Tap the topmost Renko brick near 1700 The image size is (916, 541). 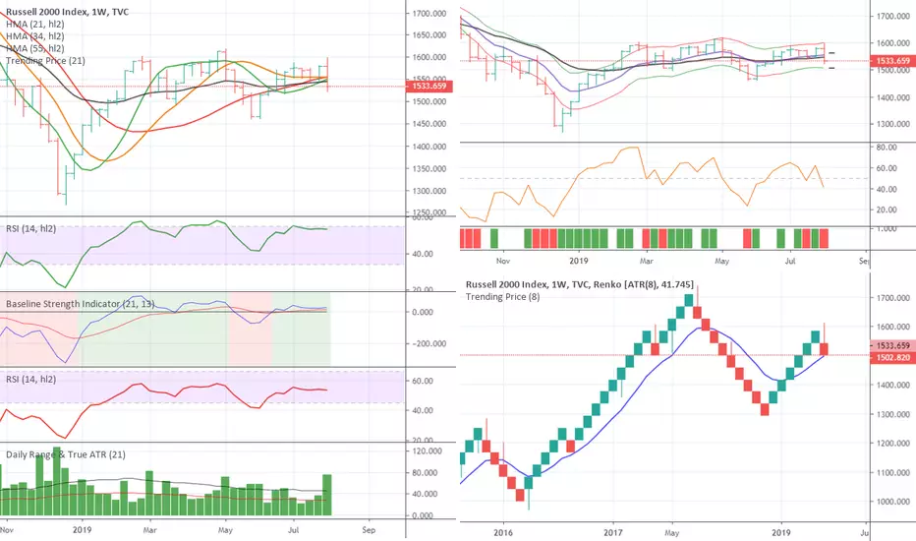689,300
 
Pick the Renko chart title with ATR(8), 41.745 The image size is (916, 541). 600,285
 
